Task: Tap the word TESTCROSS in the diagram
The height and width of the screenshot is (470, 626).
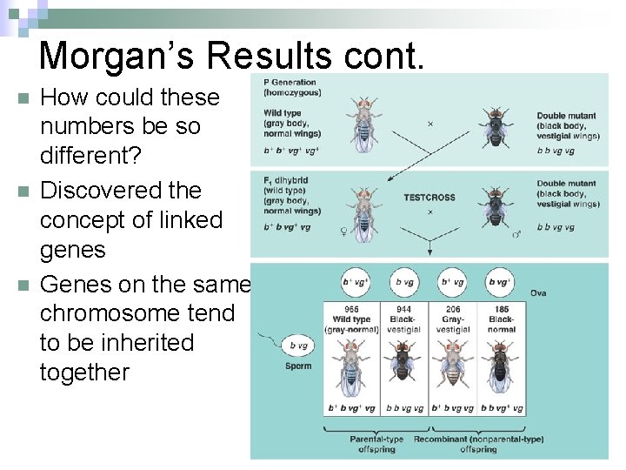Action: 430,198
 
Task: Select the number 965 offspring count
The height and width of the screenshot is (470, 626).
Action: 350,310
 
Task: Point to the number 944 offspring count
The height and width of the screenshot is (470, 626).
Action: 403,310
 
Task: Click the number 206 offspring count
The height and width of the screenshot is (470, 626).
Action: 452,310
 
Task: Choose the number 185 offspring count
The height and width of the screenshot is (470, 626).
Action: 501,310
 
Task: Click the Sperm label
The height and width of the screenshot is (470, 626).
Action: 297,366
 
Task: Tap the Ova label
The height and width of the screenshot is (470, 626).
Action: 538,293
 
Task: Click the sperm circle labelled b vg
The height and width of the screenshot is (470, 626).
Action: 297,345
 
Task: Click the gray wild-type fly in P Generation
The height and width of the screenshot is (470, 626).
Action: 363,122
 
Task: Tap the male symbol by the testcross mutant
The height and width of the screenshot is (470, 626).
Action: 515,233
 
